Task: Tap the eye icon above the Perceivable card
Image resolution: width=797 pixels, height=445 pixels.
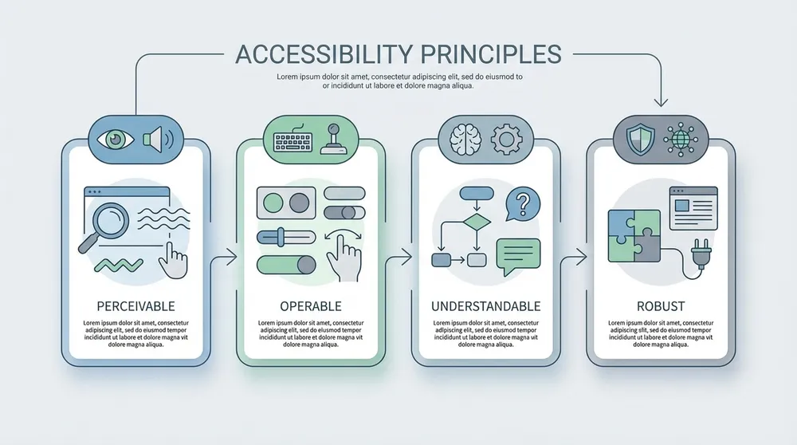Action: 116,139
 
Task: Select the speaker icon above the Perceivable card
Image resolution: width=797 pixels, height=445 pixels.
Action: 157,139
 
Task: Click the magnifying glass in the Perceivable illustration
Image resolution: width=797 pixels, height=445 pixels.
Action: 108,220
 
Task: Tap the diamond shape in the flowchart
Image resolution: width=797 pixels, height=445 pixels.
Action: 476,221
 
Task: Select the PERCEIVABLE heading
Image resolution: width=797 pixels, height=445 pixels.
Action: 135,306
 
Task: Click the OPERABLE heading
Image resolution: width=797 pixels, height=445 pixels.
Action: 311,306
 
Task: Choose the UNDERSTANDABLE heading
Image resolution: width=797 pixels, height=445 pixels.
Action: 485,306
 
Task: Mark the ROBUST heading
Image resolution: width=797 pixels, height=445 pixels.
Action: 661,306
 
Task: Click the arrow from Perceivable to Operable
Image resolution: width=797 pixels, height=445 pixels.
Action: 230,257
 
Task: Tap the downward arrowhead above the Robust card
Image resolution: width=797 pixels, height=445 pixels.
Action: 660,100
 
